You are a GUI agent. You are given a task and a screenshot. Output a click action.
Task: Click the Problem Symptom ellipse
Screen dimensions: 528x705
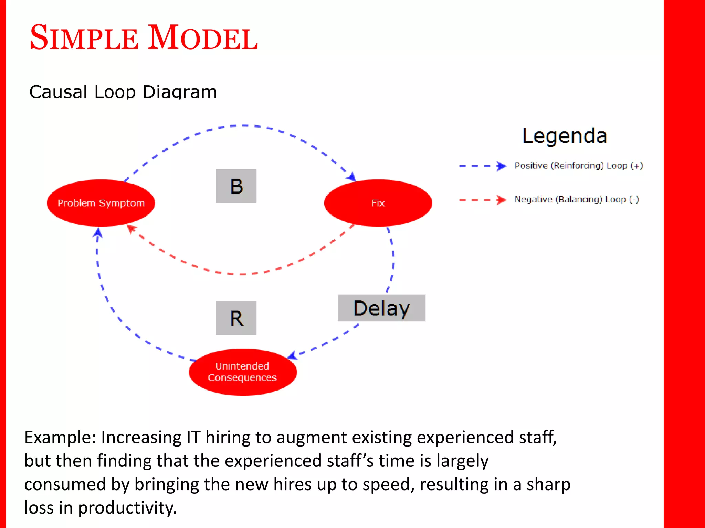(x=101, y=203)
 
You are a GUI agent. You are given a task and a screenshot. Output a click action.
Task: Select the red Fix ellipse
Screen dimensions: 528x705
(x=378, y=203)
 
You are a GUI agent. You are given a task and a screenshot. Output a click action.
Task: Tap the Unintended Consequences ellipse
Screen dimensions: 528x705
(x=242, y=372)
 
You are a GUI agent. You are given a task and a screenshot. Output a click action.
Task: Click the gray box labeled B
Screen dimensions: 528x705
(x=236, y=186)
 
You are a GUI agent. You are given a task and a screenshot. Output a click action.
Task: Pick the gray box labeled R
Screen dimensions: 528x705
(x=236, y=318)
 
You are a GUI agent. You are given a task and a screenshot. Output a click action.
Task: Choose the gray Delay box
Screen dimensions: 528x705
(x=381, y=308)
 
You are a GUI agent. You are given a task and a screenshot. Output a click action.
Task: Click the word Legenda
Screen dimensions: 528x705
(x=565, y=136)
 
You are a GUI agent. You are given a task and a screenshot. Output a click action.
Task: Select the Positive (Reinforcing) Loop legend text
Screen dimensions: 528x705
(x=578, y=166)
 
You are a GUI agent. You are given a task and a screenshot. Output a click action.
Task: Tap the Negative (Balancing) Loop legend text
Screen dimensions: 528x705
(x=577, y=199)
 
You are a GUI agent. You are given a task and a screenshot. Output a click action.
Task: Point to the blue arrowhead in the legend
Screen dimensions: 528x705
(x=502, y=166)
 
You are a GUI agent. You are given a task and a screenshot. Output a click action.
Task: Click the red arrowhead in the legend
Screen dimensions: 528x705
(x=502, y=200)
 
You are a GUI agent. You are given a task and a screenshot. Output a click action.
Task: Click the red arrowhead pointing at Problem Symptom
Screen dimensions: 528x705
(x=131, y=229)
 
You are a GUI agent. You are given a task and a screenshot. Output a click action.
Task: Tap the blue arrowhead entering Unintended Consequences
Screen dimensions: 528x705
(x=293, y=355)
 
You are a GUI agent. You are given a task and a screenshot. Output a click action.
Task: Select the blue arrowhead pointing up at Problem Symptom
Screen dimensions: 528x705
(x=98, y=233)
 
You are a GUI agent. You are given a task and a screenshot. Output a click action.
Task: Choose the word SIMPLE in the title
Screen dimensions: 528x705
(x=84, y=38)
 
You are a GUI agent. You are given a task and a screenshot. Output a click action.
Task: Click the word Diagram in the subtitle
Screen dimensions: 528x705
(x=180, y=92)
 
